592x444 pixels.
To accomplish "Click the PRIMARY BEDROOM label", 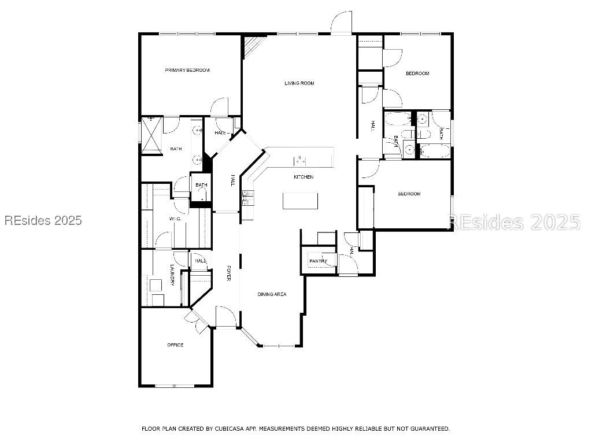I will [187, 70].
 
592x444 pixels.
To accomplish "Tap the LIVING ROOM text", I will [299, 83].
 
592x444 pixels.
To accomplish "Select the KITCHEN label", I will [303, 177].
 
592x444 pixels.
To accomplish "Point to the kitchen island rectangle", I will [300, 201].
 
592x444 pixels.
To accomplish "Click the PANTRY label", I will [317, 261].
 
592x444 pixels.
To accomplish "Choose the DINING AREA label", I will [272, 294].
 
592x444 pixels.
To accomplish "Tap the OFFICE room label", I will [175, 345].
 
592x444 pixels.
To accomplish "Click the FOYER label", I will [228, 274].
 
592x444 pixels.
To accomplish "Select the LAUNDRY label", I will [172, 275].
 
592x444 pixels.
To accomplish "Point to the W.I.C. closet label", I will [175, 219].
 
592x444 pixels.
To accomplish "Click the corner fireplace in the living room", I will [250, 47].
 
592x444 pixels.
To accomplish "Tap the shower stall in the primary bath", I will [151, 135].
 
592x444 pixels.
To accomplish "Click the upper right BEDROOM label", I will [417, 73].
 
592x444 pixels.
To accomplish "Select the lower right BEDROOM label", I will [409, 194].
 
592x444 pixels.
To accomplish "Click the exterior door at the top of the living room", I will [341, 24].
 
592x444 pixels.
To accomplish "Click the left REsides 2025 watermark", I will [43, 220].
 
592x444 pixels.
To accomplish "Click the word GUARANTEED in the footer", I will [430, 428].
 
